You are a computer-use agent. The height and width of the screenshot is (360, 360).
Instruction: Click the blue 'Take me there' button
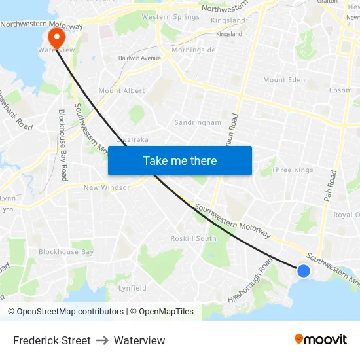point(180,160)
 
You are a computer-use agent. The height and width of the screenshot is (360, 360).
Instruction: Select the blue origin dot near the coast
point(304,270)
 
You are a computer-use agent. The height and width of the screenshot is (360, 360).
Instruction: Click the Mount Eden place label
point(284,80)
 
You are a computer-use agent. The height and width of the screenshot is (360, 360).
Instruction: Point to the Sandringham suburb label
point(197,122)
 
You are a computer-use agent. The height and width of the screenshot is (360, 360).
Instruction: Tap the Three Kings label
point(292,170)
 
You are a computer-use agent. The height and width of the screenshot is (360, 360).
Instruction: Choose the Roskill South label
point(193,238)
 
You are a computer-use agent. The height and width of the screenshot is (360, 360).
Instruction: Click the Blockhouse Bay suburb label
point(66,252)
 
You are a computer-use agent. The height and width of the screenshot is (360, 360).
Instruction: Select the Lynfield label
point(132,288)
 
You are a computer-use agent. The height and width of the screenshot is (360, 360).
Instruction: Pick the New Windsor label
point(107,187)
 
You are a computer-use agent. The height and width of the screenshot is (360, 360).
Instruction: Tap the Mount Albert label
point(121,91)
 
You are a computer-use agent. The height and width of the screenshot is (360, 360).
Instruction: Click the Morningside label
point(194,50)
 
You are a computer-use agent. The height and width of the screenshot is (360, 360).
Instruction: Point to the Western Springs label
point(171,17)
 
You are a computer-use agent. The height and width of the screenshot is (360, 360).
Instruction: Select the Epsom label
point(340,90)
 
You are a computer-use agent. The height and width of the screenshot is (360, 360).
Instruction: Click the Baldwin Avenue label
point(139,58)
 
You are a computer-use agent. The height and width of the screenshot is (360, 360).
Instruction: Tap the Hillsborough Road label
point(250,279)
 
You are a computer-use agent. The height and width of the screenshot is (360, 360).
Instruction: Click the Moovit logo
point(321,339)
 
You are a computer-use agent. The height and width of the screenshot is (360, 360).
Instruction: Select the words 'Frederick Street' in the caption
point(52,340)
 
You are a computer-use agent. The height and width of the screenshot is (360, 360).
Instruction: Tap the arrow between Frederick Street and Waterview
point(102,340)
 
